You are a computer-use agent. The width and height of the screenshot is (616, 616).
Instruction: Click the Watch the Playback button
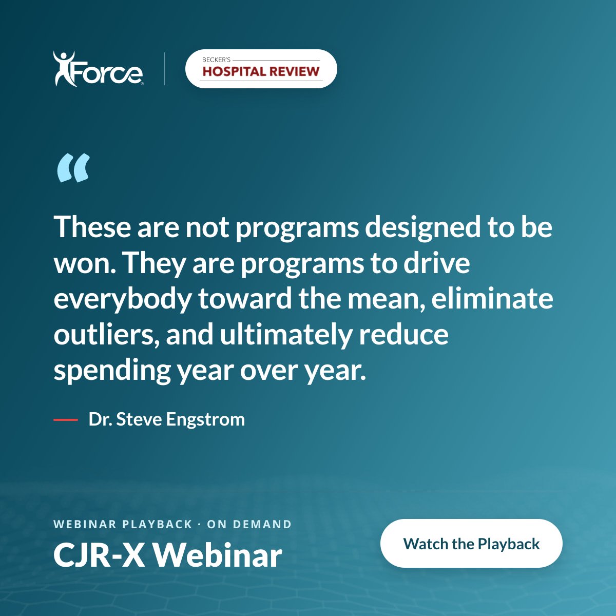471,544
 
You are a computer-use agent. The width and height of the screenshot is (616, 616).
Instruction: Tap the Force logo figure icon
65,69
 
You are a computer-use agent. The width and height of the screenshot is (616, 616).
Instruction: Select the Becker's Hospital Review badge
261,69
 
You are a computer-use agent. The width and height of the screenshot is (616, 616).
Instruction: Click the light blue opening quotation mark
73,168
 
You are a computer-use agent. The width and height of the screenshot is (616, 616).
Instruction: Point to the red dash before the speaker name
66,420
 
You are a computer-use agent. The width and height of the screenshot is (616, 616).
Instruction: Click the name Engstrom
205,420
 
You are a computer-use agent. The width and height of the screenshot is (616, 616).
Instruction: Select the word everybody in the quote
123,300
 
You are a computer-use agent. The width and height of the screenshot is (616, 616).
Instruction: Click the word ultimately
285,336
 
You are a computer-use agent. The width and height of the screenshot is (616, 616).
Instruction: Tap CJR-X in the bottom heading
99,556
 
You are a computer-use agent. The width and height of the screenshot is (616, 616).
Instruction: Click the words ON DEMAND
249,524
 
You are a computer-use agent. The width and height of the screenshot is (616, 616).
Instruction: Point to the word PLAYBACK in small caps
157,524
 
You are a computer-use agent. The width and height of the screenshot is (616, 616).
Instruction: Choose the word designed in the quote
422,228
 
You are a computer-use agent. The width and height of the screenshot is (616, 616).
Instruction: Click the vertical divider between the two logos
165,69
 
